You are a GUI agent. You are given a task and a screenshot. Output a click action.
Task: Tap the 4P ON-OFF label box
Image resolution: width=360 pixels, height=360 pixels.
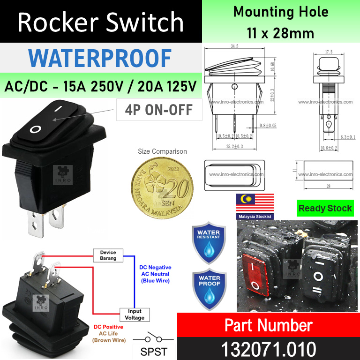(159, 110)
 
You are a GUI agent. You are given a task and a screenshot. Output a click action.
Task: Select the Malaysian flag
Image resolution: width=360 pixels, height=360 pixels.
(254, 202)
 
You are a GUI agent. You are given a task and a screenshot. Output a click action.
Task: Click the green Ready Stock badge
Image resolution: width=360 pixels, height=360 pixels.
(325, 208)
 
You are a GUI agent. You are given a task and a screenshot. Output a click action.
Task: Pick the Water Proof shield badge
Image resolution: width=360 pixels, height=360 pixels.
(208, 289)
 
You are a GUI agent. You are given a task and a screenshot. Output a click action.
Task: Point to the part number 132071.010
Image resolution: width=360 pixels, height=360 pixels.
(269, 349)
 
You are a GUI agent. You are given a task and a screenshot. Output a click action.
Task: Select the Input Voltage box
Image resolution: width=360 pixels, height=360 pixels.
(135, 314)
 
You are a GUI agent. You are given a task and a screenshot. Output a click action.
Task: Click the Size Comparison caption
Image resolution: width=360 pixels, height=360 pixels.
(162, 151)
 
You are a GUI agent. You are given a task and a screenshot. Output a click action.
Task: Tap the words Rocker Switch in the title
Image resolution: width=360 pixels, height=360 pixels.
(101, 22)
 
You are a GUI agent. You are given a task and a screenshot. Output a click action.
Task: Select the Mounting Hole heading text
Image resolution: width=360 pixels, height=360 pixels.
(281, 12)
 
